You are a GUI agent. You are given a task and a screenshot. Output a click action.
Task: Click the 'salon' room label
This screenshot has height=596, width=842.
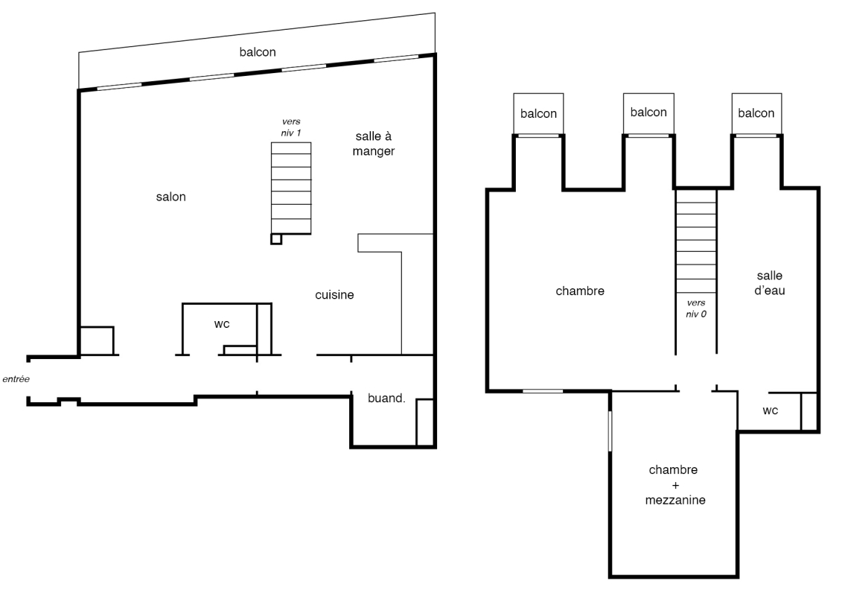click(x=170, y=197)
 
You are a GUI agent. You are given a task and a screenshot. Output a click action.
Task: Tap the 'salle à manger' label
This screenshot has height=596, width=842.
click(x=374, y=144)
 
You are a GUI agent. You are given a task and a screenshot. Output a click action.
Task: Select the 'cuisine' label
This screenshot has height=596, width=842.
click(x=334, y=295)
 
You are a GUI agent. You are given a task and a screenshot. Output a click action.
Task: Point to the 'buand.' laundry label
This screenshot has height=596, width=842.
click(x=386, y=399)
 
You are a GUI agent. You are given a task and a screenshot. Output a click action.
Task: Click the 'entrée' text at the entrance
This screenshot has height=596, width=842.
click(x=16, y=379)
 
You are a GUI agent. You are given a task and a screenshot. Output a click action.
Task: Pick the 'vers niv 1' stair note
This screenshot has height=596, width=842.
click(x=291, y=127)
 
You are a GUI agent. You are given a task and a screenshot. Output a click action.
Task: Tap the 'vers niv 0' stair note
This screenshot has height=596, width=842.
click(x=696, y=308)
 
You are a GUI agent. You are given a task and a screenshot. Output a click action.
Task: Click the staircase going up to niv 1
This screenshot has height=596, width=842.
click(x=291, y=188)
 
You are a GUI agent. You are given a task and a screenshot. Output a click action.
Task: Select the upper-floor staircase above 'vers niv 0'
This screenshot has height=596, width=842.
click(x=696, y=242)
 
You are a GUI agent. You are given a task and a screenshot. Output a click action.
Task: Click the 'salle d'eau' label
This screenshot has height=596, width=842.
click(x=770, y=283)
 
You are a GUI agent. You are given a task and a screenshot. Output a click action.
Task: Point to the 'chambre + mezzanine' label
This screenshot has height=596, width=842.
click(x=674, y=485)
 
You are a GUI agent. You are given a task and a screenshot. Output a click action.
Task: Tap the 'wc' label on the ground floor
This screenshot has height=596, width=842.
click(x=222, y=324)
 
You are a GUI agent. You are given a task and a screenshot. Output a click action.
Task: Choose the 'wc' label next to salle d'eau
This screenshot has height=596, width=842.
click(x=770, y=411)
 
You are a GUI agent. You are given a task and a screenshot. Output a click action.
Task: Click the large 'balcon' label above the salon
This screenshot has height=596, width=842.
click(x=258, y=52)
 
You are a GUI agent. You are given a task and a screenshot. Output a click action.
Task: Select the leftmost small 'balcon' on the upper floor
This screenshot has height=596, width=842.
click(x=538, y=114)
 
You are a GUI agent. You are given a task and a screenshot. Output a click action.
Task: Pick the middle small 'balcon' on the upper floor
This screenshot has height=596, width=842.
click(x=648, y=112)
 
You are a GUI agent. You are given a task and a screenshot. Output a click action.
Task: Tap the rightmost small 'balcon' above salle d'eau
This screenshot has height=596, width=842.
click(x=756, y=113)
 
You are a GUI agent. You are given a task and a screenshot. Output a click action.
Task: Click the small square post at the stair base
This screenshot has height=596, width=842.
click(x=276, y=239)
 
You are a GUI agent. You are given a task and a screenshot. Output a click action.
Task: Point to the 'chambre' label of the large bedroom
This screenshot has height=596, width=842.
click(x=580, y=291)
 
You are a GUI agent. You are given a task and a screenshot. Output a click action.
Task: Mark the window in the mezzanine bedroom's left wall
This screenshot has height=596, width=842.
click(x=610, y=431)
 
